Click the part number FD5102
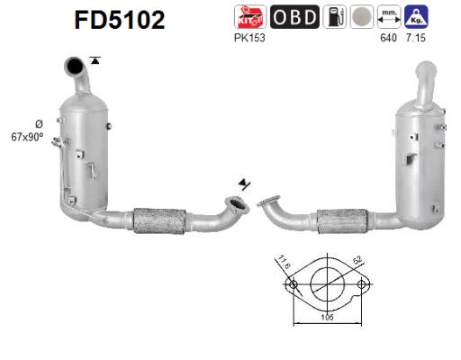click(x=120, y=20)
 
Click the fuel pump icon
click(x=336, y=16)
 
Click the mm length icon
click(x=390, y=15)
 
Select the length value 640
click(x=389, y=38)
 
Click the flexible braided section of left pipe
click(x=159, y=220)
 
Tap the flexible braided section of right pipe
click(x=341, y=220)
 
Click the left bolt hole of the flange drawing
click(x=291, y=285)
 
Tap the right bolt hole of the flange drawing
click(x=362, y=285)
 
